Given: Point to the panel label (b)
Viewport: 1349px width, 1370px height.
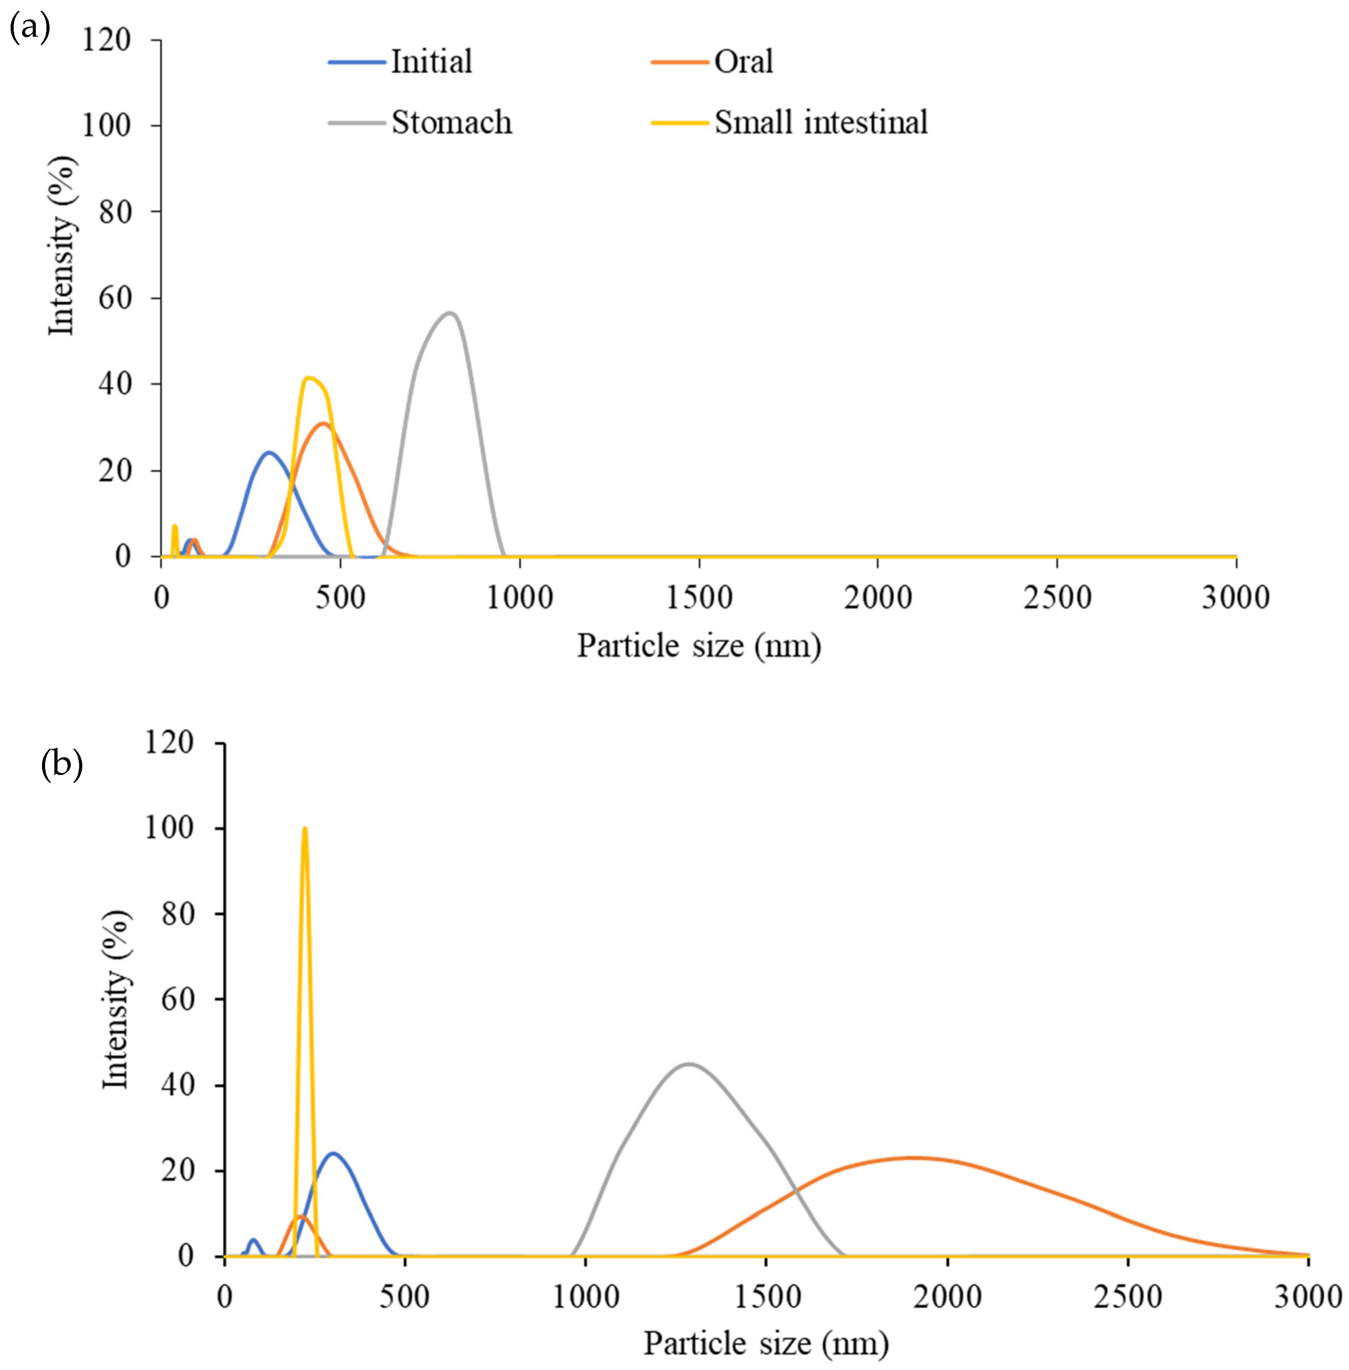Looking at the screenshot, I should (62, 765).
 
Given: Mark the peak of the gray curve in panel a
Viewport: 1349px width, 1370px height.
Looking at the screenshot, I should (449, 313).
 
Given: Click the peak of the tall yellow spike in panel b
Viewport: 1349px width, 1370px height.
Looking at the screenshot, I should (305, 828).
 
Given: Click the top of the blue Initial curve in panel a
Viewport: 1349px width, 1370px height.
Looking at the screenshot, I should (269, 452).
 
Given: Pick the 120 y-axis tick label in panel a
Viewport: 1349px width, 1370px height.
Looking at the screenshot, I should (106, 40).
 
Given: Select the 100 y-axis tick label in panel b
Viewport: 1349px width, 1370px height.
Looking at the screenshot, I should (168, 828).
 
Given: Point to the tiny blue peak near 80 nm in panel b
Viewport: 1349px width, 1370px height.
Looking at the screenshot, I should (253, 1240).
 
